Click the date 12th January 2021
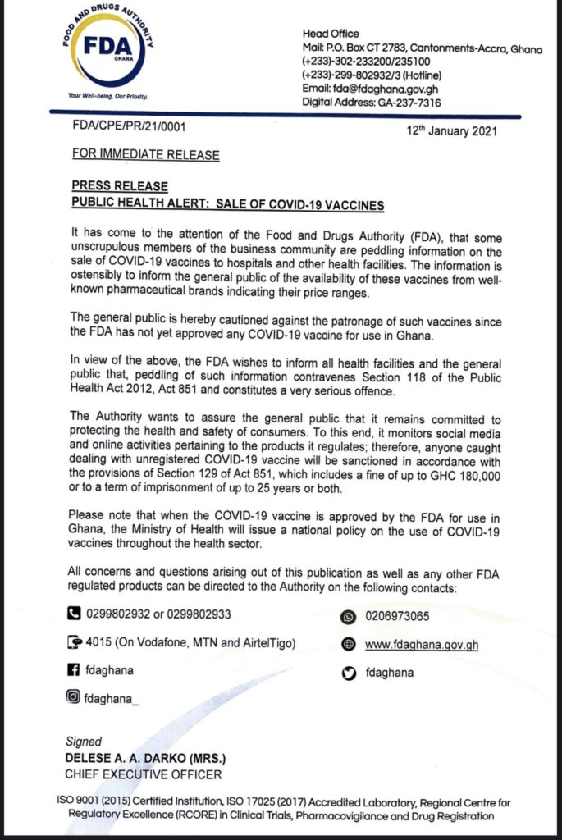[452, 130]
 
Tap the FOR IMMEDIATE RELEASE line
[145, 153]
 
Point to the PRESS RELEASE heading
[120, 186]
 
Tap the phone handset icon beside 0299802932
[74, 611]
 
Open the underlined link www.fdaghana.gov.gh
[421, 645]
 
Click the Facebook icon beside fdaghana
[74, 669]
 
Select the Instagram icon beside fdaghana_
[74, 697]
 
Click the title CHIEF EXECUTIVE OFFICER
[143, 773]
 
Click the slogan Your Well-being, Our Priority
[109, 97]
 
